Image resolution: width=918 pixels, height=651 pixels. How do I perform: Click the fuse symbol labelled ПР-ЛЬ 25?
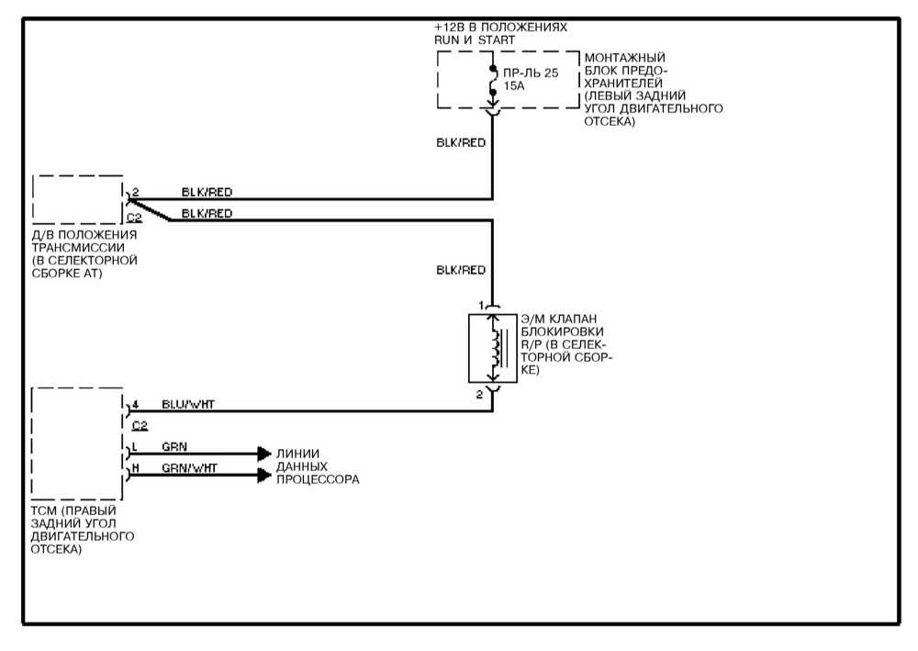click(x=493, y=80)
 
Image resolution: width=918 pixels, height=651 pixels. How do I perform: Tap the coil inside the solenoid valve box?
click(x=496, y=347)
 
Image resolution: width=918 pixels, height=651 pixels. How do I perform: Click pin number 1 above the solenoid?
click(x=480, y=304)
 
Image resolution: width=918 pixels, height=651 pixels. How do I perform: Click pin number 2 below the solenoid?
click(x=480, y=394)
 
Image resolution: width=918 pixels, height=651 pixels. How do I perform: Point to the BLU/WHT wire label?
click(x=188, y=403)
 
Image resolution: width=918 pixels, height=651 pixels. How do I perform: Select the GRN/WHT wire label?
click(x=189, y=468)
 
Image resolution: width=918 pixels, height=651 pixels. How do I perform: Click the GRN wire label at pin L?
click(x=174, y=447)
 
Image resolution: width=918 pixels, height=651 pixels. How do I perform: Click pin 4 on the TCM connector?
click(x=134, y=403)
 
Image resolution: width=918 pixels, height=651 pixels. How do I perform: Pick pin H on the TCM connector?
click(x=134, y=468)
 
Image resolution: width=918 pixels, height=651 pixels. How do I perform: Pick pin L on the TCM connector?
click(x=134, y=447)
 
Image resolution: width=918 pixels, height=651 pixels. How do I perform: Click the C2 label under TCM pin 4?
click(x=140, y=425)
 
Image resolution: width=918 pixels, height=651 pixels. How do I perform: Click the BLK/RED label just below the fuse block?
click(x=461, y=143)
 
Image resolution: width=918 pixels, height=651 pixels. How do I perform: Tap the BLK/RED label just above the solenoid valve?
click(x=461, y=270)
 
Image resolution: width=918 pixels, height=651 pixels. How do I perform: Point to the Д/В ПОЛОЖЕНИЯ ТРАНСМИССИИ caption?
click(x=84, y=253)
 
